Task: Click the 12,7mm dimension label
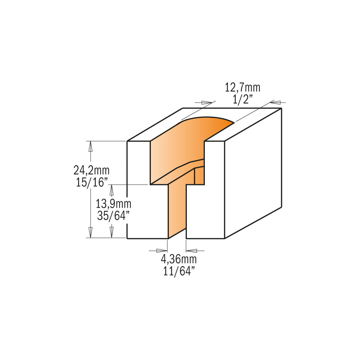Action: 242,87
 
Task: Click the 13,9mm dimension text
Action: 113,204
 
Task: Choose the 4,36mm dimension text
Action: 179,259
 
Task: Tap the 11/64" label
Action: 179,270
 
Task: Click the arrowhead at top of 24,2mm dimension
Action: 90,145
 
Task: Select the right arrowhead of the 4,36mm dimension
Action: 190,250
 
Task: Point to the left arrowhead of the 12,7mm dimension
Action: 207,102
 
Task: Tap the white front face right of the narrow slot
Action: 205,212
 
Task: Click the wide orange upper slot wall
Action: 176,151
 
